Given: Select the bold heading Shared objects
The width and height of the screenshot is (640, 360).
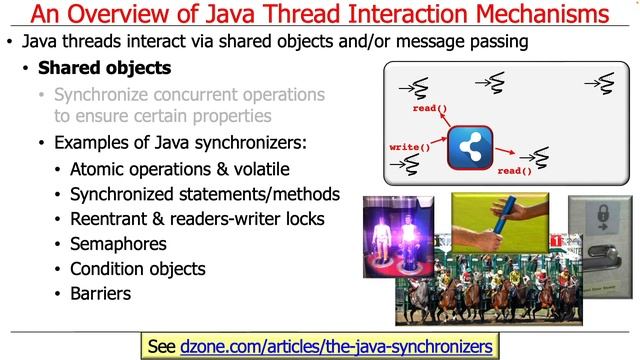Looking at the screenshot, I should [x=104, y=69].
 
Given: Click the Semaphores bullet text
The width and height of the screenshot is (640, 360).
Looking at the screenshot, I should [x=118, y=243].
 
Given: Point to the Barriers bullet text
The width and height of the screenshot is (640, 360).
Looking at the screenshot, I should [x=100, y=294].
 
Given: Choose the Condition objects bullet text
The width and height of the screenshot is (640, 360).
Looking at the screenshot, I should [x=137, y=269].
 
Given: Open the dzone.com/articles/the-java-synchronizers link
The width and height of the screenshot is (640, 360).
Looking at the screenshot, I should [x=337, y=346].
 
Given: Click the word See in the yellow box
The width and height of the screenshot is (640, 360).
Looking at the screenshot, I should [x=161, y=346].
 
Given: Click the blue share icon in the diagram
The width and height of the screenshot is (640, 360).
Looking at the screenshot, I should [x=469, y=148].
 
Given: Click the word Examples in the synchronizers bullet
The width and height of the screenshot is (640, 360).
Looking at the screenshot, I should [x=92, y=142].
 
